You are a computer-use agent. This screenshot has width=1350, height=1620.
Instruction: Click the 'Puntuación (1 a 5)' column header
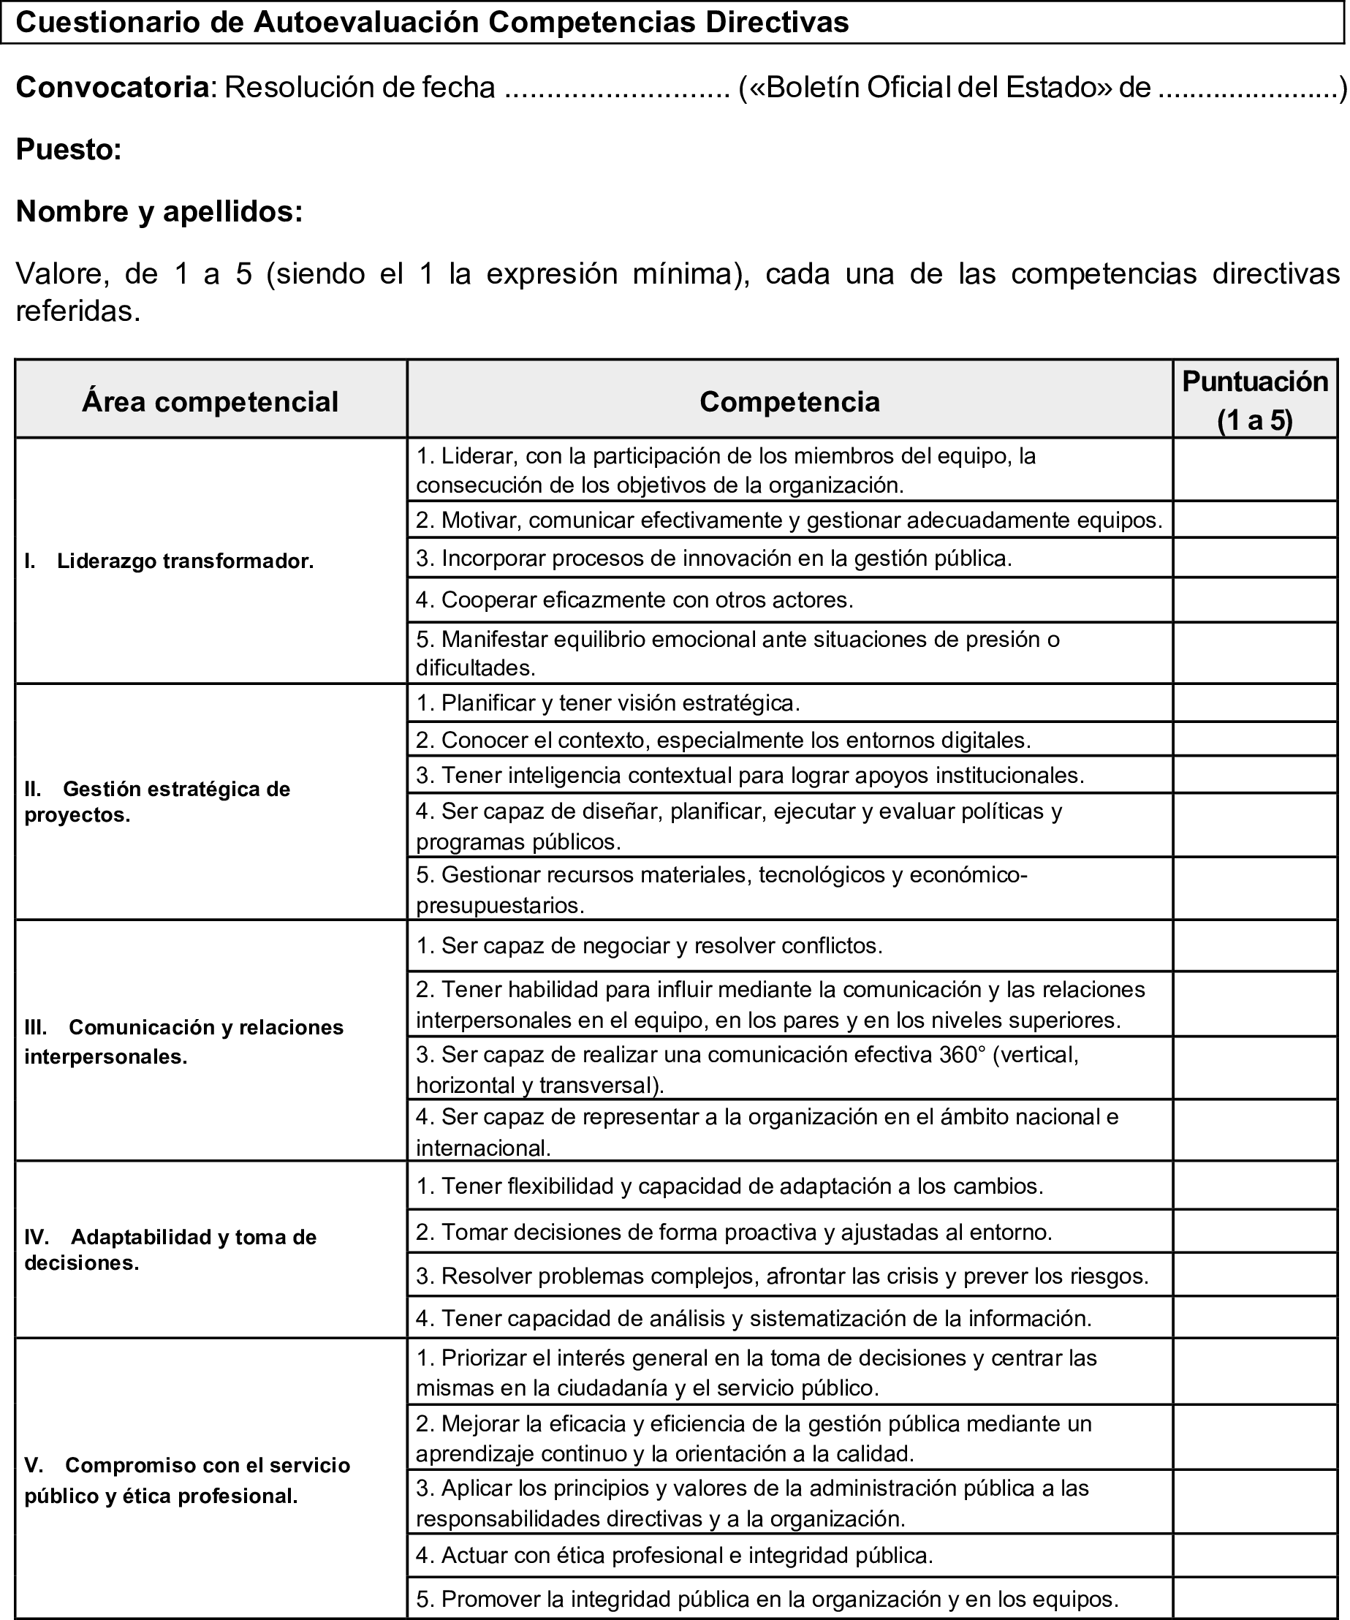point(1254,400)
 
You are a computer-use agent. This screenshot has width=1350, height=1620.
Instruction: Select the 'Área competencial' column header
point(210,402)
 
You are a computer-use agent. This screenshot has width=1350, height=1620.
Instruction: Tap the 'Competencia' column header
point(789,402)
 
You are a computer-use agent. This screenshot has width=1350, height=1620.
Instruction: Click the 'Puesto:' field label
point(69,150)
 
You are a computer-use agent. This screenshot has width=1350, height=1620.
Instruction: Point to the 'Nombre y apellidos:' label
point(159,211)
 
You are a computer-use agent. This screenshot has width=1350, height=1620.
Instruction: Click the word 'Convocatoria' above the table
point(113,88)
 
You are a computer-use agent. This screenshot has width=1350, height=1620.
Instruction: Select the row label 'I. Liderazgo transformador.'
point(169,561)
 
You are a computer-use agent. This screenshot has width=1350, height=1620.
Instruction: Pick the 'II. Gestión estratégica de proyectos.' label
point(157,801)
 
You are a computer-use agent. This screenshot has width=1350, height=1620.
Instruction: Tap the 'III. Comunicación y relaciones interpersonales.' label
point(183,1042)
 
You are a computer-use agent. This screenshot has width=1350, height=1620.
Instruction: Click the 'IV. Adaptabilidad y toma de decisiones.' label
point(170,1249)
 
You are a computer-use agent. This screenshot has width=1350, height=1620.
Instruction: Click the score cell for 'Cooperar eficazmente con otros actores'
point(1254,600)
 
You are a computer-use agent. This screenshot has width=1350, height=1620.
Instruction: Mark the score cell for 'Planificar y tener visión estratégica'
point(1254,703)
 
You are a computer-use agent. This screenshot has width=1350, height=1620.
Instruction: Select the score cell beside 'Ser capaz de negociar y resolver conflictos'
point(1254,946)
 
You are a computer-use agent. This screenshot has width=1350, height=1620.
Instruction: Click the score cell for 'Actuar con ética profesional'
point(1254,1555)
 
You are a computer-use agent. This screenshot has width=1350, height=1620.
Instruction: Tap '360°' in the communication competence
point(963,1055)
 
